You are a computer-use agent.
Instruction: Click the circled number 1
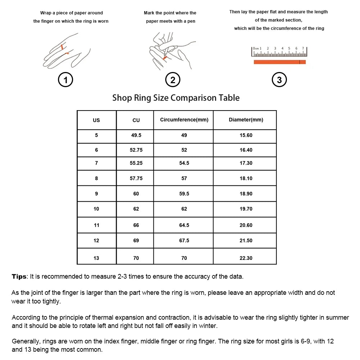(66, 80)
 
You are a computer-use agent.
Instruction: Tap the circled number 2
(172, 80)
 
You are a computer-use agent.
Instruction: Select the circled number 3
(279, 80)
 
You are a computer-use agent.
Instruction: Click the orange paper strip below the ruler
(280, 62)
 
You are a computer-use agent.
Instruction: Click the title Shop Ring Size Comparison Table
(176, 98)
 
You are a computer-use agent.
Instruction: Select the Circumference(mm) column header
(184, 120)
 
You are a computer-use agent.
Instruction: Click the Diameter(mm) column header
(246, 120)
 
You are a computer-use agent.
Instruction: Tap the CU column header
(136, 120)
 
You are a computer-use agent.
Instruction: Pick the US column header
(96, 120)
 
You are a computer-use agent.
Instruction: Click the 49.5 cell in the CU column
(136, 135)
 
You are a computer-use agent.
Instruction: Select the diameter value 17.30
(246, 163)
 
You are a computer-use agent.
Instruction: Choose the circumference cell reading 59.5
(184, 194)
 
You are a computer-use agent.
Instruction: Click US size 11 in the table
(96, 225)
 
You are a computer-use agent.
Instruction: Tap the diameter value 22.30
(246, 258)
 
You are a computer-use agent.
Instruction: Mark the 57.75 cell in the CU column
(136, 178)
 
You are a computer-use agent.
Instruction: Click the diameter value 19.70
(246, 209)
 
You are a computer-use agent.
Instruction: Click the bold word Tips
(19, 276)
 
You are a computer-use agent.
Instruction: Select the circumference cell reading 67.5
(184, 240)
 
